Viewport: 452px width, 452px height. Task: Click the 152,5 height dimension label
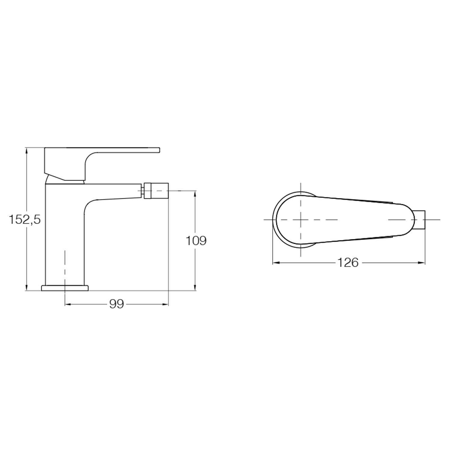tap(24, 219)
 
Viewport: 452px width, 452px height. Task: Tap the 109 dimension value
tap(196, 240)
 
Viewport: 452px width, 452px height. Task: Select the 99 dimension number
tap(117, 304)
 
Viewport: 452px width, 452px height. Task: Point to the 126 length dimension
tap(348, 263)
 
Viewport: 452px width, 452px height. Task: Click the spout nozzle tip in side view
tap(156, 191)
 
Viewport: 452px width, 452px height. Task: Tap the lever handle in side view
tap(102, 164)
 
